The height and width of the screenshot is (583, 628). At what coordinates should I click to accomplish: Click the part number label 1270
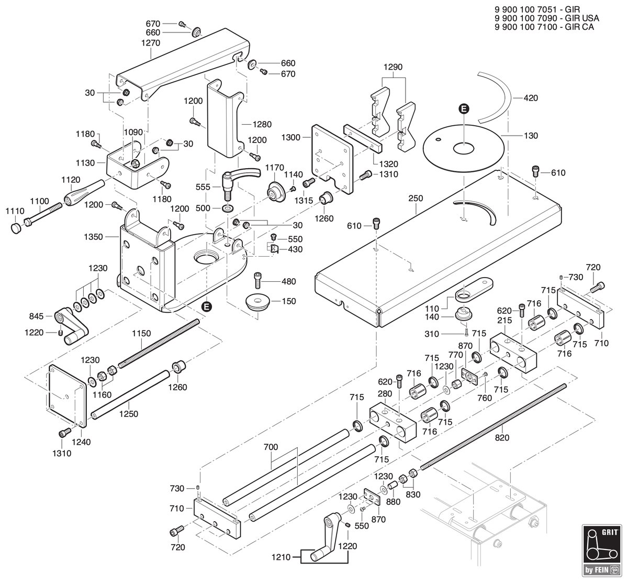[151, 43]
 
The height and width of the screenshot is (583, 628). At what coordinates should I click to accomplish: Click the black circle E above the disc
[464, 109]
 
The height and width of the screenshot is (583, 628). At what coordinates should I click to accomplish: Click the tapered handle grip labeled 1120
[84, 193]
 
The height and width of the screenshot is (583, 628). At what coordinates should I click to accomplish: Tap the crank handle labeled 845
[72, 326]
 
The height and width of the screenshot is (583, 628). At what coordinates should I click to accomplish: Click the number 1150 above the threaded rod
[141, 333]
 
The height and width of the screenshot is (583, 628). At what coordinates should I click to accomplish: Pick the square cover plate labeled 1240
[68, 395]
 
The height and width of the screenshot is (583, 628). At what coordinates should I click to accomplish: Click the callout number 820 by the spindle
[502, 438]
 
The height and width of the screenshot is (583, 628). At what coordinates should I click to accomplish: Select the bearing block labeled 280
[393, 423]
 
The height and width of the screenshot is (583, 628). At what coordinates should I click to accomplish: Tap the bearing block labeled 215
[513, 353]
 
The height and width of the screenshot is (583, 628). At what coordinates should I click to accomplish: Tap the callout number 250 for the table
[416, 199]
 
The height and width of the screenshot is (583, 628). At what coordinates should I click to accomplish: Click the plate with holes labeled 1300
[332, 159]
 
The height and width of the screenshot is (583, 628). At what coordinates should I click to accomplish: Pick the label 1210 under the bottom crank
[281, 557]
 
